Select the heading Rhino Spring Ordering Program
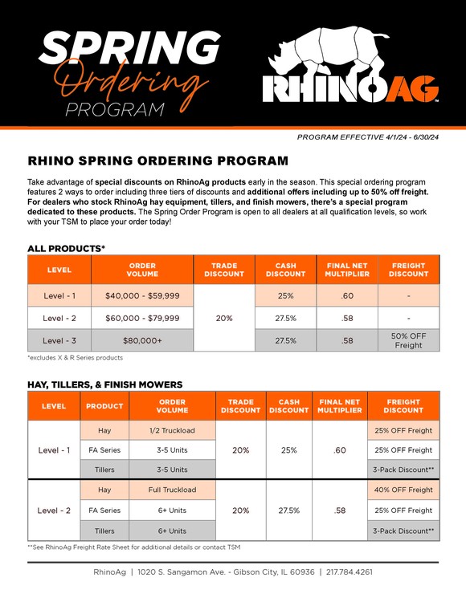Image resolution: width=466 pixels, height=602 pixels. tap(157, 161)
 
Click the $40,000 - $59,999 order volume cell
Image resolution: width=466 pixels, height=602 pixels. tap(142, 295)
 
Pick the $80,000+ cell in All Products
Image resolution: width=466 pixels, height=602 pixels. tap(142, 340)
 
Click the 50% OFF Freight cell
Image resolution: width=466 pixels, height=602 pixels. tap(408, 340)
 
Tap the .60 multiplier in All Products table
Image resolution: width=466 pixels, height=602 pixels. tap(347, 295)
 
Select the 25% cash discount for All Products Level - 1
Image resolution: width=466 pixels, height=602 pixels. tap(285, 295)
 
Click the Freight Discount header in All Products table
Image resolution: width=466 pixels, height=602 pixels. tap(408, 270)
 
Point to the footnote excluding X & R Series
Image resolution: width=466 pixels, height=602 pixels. tap(76, 357)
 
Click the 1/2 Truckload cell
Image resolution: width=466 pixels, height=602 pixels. tap(173, 430)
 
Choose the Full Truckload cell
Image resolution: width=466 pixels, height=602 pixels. tap(173, 490)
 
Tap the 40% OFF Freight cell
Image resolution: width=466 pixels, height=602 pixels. tap(403, 490)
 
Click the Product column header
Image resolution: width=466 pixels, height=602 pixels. tap(104, 406)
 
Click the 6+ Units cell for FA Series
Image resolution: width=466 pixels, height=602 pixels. tap(173, 510)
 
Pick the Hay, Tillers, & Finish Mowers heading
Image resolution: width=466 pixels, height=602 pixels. tap(105, 384)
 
